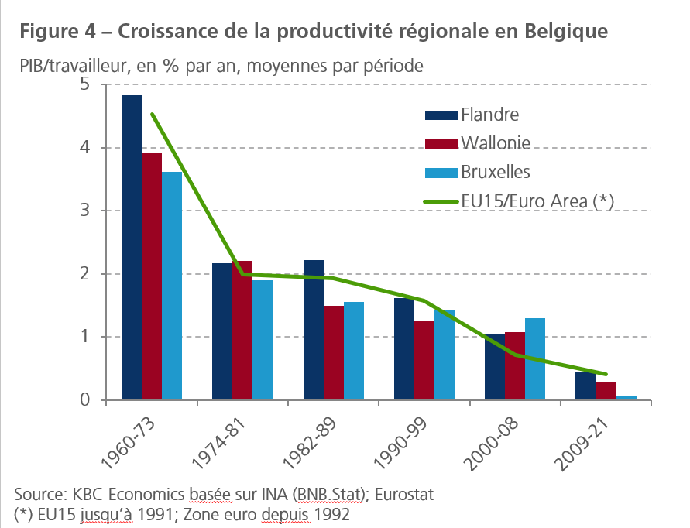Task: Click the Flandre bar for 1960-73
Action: (x=132, y=248)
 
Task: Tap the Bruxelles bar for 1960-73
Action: (x=172, y=286)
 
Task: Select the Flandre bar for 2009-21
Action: (x=585, y=386)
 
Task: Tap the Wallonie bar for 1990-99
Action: (x=424, y=360)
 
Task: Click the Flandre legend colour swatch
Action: (x=441, y=115)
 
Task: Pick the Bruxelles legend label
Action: (x=496, y=171)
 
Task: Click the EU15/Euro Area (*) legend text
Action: (x=537, y=201)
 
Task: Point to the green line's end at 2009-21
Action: (x=606, y=374)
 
